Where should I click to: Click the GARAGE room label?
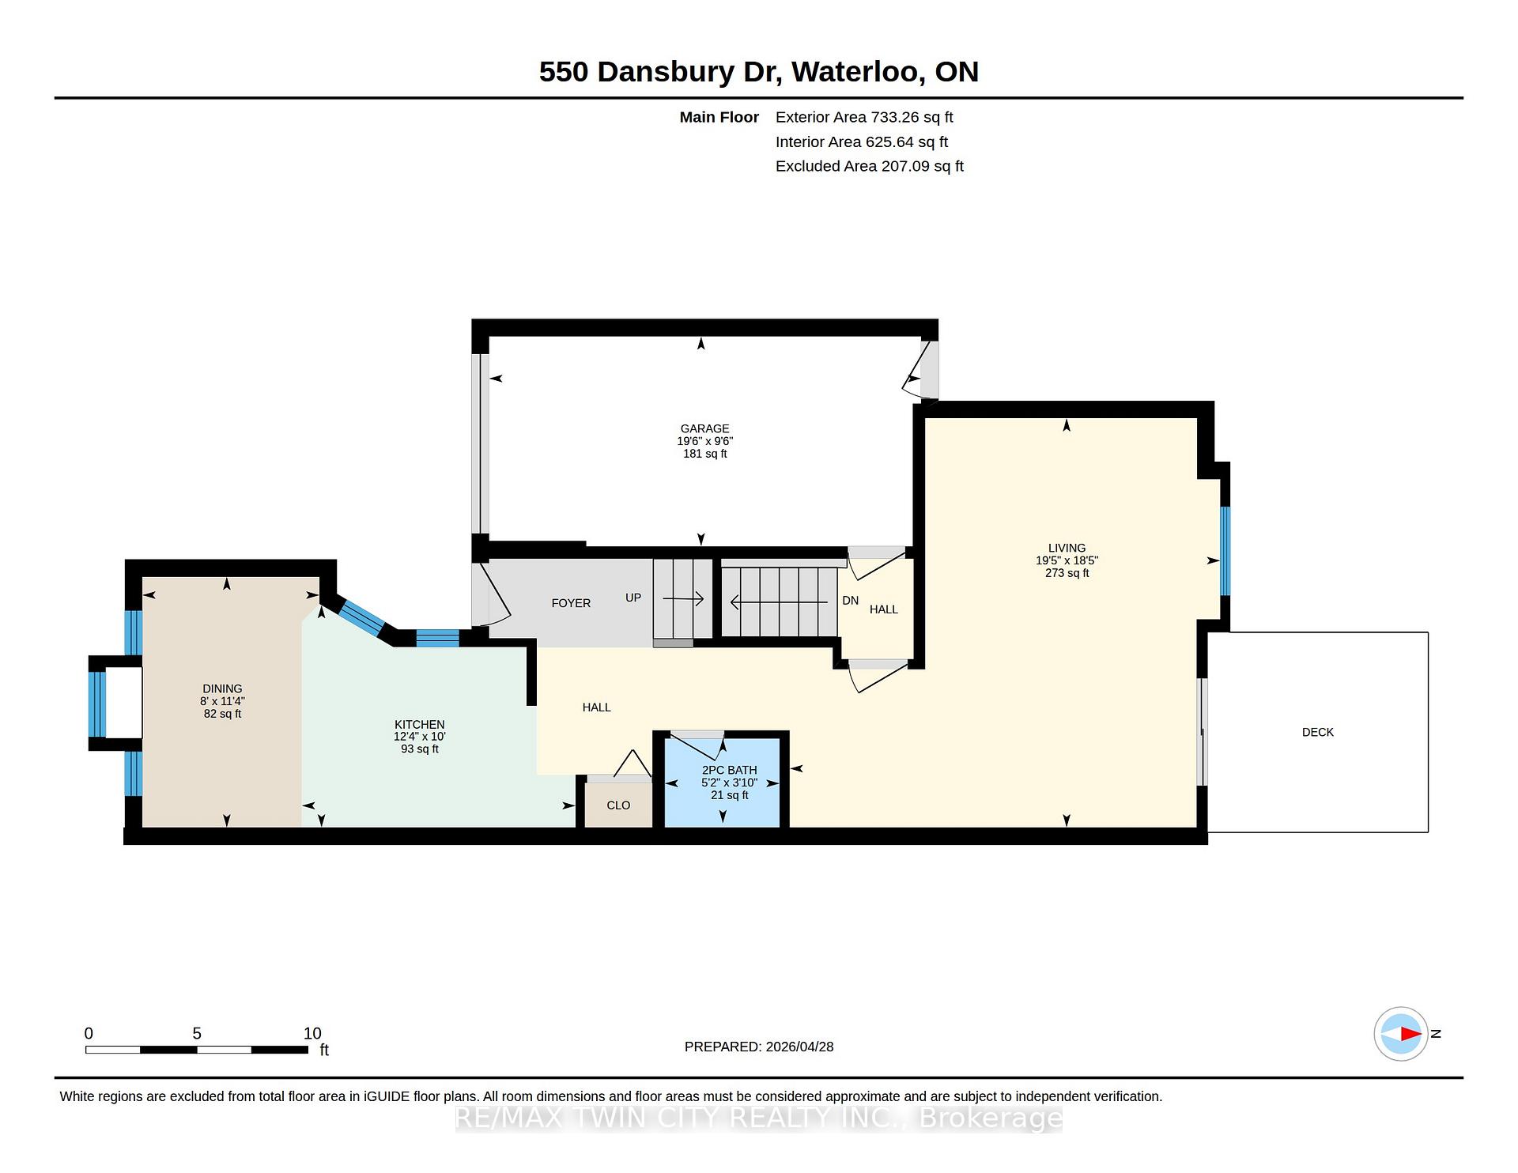[x=704, y=428]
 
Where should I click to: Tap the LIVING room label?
[x=1067, y=548]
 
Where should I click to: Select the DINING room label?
[x=222, y=688]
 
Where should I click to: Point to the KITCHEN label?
[x=420, y=724]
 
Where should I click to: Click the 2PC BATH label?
[x=729, y=770]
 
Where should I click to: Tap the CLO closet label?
[x=618, y=805]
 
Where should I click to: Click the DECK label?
[x=1318, y=732]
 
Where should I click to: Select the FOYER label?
[x=571, y=603]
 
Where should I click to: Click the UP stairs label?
[x=633, y=598]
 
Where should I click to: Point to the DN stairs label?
[x=851, y=601]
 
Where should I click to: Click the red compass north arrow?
[x=1411, y=1034]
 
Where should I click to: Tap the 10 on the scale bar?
[x=312, y=1033]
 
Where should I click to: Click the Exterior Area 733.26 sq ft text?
[x=864, y=117]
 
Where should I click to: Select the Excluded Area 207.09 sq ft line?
[x=870, y=166]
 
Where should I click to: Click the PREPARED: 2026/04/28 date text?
[x=759, y=1047]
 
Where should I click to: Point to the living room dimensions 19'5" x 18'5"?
[x=1067, y=560]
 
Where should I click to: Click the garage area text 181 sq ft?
[x=704, y=454]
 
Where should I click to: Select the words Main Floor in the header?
[x=719, y=117]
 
